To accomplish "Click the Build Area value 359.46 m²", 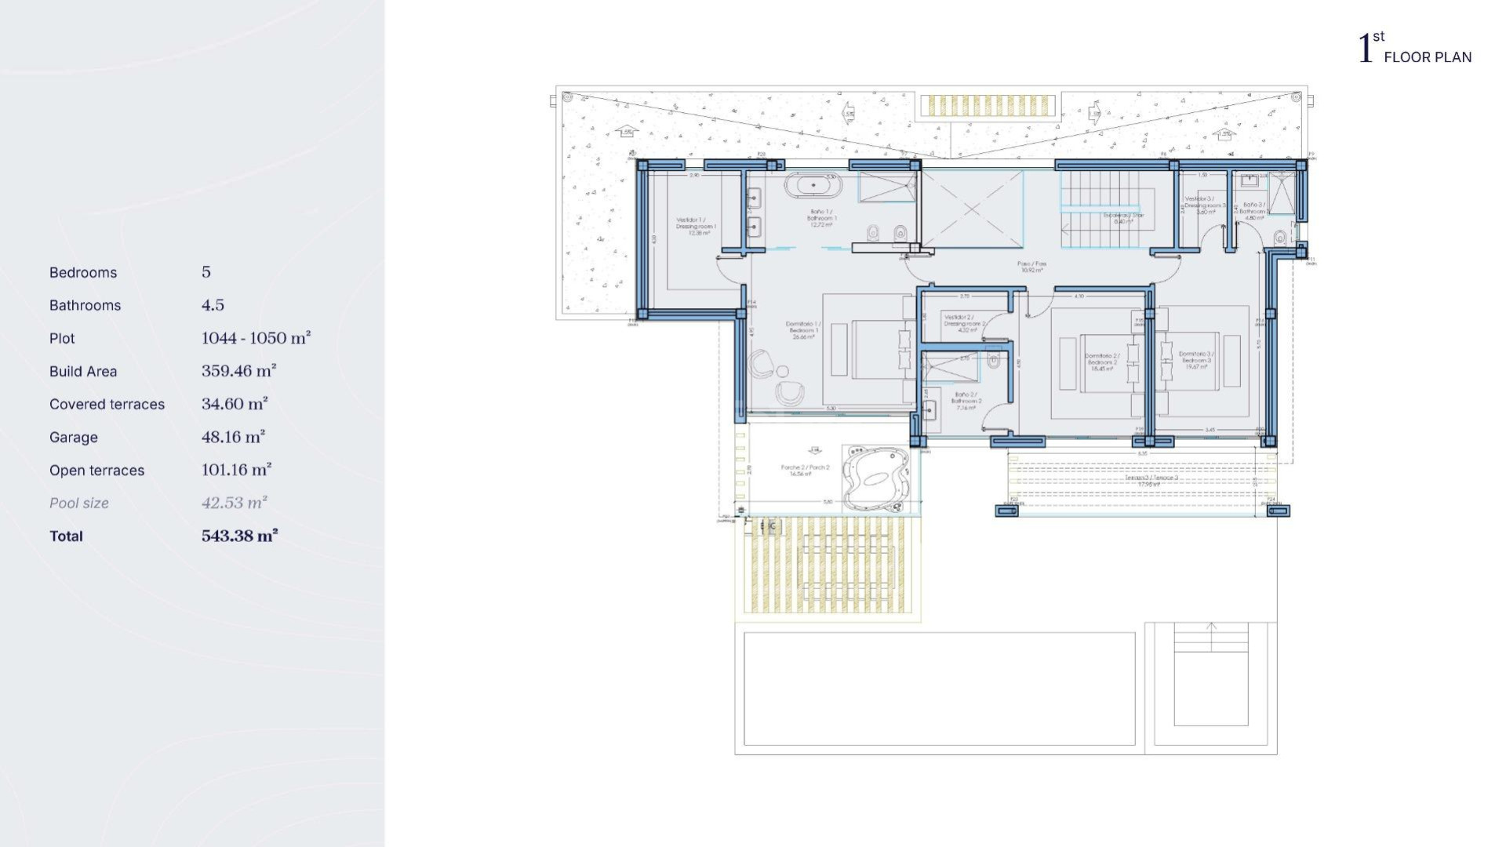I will [x=238, y=371].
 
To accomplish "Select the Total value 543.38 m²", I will [x=239, y=536].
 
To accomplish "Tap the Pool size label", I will [x=78, y=503].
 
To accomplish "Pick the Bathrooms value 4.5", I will [x=213, y=305].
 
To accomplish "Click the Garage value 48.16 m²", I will [x=233, y=437].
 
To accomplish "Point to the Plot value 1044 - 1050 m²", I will [x=256, y=338].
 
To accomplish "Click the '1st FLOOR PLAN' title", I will [x=1415, y=49].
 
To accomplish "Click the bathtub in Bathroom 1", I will [x=813, y=186].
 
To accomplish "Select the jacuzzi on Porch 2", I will [x=875, y=478].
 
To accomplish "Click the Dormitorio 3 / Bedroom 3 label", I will [x=1196, y=360].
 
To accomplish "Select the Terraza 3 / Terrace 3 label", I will [x=1151, y=480].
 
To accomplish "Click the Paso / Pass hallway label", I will [x=1031, y=267].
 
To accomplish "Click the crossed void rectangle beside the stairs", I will [x=973, y=209].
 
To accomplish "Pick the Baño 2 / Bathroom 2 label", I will [x=966, y=401].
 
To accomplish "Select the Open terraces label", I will [x=96, y=471].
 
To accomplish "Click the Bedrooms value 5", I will [x=206, y=272].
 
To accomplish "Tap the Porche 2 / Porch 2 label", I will [x=805, y=470].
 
